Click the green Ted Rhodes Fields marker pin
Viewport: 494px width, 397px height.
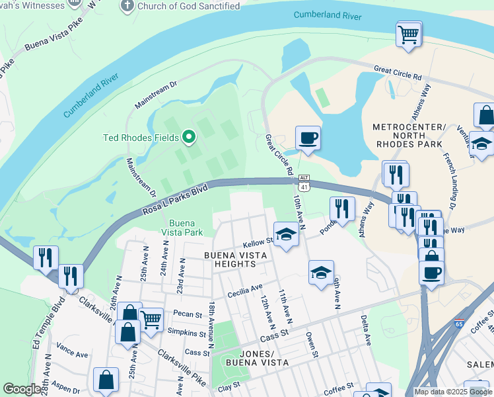tap(189, 138)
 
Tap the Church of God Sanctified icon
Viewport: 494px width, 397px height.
tap(127, 7)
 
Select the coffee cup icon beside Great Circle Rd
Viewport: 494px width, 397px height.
tap(308, 138)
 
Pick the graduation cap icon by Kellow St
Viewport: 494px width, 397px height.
tap(285, 234)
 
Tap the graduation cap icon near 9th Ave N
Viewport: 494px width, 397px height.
tap(321, 272)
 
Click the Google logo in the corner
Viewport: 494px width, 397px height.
tap(22, 389)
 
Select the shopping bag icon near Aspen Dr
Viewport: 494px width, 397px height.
tap(106, 380)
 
